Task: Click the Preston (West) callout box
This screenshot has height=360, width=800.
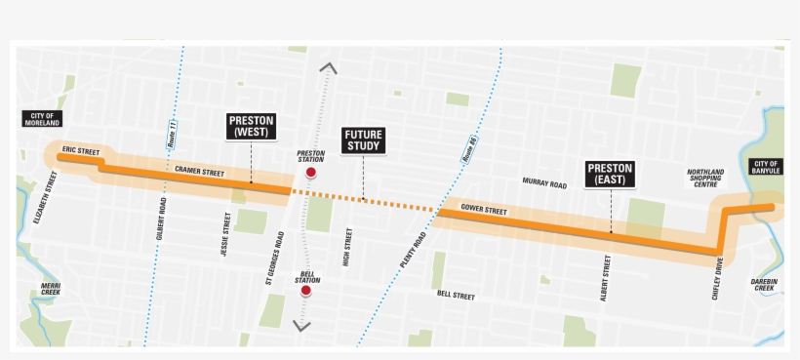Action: [252, 126]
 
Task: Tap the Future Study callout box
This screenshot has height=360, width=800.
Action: [363, 140]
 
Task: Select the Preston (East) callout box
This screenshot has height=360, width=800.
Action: [611, 174]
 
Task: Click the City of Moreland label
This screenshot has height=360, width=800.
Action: [42, 119]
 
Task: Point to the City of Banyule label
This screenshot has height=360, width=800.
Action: [766, 166]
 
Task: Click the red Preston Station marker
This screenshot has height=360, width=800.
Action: [311, 174]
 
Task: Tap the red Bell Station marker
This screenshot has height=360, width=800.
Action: [305, 291]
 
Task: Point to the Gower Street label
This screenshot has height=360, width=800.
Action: [484, 211]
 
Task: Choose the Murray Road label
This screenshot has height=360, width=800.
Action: [544, 183]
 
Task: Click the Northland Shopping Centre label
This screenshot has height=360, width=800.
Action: [705, 180]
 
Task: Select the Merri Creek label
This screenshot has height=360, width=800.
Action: [51, 287]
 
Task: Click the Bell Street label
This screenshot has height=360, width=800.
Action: [455, 294]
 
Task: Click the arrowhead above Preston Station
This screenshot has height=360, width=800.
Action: [326, 68]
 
